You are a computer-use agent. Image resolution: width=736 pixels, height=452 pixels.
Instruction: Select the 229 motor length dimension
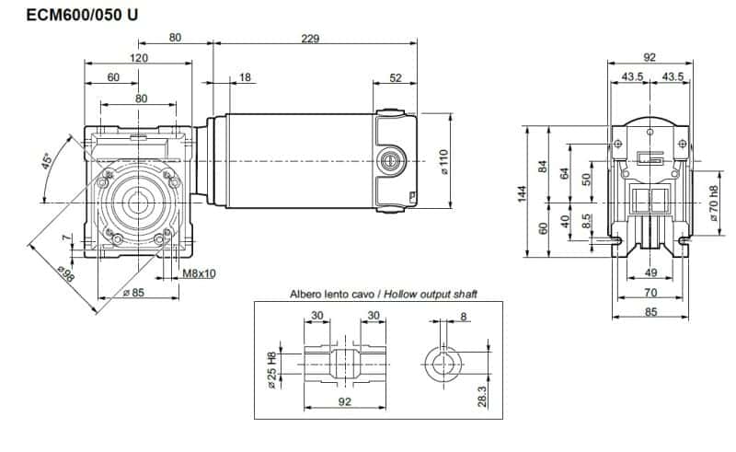pyautogui.click(x=315, y=38)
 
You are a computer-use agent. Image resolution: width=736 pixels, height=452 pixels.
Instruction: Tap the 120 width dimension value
pyautogui.click(x=139, y=57)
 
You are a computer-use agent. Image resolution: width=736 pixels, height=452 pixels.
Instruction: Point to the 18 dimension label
pyautogui.click(x=245, y=77)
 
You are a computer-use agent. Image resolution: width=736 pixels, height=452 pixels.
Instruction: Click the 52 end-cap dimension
pyautogui.click(x=396, y=77)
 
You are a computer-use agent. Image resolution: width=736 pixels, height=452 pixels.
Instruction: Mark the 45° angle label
pyautogui.click(x=45, y=163)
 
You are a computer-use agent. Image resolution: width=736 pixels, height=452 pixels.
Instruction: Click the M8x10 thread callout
pyautogui.click(x=199, y=273)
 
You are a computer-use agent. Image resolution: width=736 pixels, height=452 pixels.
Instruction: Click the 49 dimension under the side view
pyautogui.click(x=651, y=273)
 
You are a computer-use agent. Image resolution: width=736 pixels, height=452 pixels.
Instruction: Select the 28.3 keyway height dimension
pyautogui.click(x=483, y=395)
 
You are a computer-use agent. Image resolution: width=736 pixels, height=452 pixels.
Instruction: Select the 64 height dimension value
pyautogui.click(x=564, y=171)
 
